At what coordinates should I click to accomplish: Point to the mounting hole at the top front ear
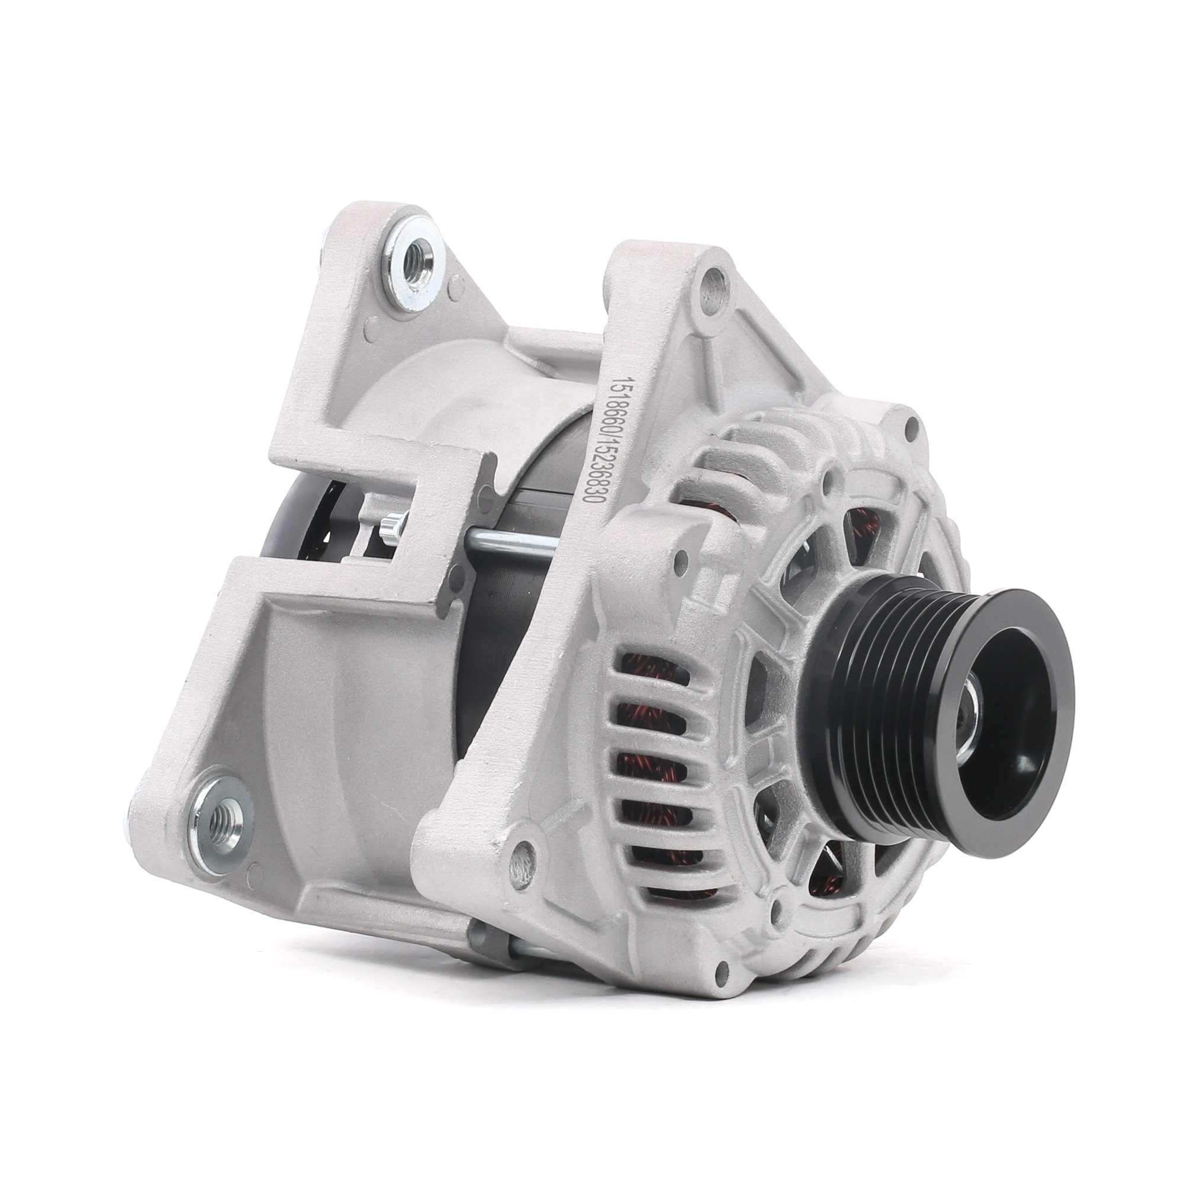[713, 298]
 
